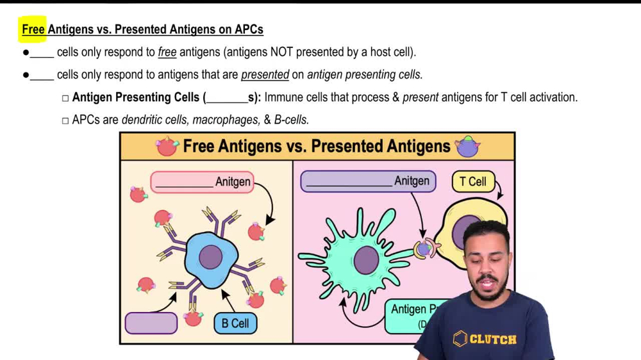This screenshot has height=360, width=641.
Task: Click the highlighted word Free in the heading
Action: tap(33, 29)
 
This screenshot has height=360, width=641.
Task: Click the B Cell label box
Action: tap(235, 323)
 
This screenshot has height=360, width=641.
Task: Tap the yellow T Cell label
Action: tap(473, 181)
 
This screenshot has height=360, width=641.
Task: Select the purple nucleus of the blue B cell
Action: tap(211, 257)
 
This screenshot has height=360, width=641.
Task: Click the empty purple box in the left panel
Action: tap(151, 323)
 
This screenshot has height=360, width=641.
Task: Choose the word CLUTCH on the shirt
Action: tap(493, 340)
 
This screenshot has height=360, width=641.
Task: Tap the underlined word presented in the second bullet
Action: tap(265, 75)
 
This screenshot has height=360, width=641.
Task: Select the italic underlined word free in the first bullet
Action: tap(167, 52)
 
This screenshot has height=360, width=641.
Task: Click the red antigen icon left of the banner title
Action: tap(167, 147)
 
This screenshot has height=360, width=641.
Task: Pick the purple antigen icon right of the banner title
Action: tap(467, 147)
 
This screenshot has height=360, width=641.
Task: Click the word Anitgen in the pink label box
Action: tap(233, 182)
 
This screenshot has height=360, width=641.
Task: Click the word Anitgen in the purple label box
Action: tap(412, 181)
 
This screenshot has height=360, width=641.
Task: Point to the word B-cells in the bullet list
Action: tap(292, 120)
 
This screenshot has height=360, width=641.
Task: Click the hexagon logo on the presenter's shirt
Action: tap(460, 339)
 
